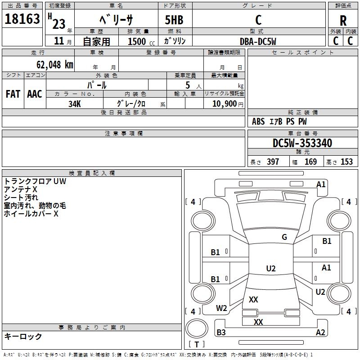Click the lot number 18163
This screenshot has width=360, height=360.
[x=22, y=19]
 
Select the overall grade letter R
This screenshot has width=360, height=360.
[x=343, y=21]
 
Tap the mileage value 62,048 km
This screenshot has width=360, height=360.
[x=55, y=65]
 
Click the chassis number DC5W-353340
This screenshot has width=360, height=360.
[x=302, y=143]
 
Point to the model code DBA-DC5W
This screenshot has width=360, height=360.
[x=258, y=41]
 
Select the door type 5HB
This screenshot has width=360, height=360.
[x=174, y=20]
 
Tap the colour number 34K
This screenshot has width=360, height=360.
[x=75, y=104]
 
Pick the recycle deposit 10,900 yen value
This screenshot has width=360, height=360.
[x=228, y=104]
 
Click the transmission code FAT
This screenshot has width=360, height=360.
[x=13, y=94]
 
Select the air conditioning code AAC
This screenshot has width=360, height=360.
[x=35, y=94]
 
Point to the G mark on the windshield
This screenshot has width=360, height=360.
[x=284, y=237]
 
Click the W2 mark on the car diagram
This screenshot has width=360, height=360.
[x=221, y=308]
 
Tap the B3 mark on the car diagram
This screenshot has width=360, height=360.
[x=221, y=332]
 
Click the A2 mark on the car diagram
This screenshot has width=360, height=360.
[x=320, y=332]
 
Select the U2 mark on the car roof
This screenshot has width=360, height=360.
[x=271, y=268]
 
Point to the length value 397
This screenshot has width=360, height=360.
[x=273, y=162]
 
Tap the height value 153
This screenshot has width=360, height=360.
[x=346, y=162]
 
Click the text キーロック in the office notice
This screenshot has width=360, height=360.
[x=23, y=336]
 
